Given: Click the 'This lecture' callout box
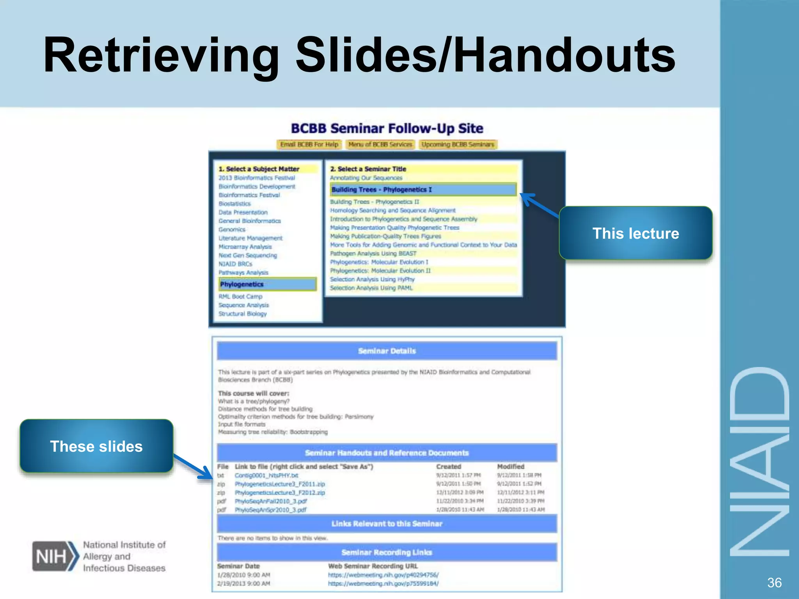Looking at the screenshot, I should (x=636, y=233).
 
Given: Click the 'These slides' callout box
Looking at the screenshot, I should (x=96, y=446).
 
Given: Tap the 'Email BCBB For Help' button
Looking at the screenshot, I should (x=309, y=145).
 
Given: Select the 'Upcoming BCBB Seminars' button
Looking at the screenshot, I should (x=458, y=145).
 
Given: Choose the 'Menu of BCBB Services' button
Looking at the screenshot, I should (x=380, y=145).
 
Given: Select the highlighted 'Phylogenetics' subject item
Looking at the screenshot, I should (x=267, y=284).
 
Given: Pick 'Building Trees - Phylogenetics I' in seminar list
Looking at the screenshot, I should (x=423, y=190).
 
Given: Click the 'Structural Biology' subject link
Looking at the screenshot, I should (x=242, y=314).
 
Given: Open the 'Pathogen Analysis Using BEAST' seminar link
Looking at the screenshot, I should (x=373, y=253).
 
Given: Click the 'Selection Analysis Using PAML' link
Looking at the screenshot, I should (x=371, y=288).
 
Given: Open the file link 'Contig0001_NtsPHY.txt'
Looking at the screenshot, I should (x=266, y=475).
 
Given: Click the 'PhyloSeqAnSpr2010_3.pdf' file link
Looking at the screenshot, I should (x=270, y=510).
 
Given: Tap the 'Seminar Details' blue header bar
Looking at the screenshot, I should (x=387, y=351).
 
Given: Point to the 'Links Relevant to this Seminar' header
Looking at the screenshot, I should (x=387, y=524).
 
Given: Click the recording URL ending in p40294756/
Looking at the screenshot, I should (x=383, y=575).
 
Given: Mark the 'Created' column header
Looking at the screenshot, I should (x=449, y=466).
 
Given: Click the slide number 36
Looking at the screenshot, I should (x=774, y=583).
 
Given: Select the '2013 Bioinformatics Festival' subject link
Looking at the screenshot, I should (x=257, y=178).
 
